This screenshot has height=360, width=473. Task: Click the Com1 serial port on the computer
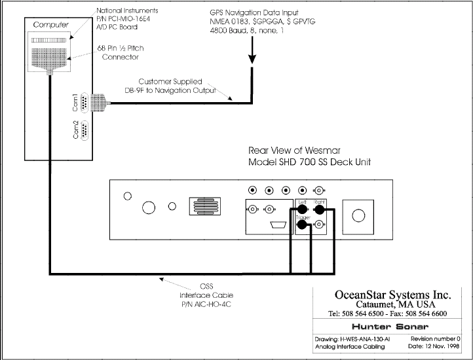click(85, 103)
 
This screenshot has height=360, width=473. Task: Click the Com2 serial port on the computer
click(85, 130)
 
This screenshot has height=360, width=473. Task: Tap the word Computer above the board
click(50, 25)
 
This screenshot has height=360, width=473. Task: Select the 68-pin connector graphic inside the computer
click(49, 60)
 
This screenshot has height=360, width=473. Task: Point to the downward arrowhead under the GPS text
click(252, 59)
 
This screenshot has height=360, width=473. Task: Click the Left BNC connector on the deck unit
click(302, 209)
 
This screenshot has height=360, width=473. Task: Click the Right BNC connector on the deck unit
click(319, 209)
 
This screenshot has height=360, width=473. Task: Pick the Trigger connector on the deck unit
click(302, 225)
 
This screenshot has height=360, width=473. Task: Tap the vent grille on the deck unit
click(205, 206)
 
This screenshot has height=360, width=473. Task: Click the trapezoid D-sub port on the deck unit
click(278, 225)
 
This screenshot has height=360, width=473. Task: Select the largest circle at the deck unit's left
click(149, 207)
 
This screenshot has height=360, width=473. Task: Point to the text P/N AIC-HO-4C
click(206, 304)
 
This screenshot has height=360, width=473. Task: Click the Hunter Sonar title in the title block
click(390, 327)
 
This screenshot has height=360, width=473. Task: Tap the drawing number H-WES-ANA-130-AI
click(365, 339)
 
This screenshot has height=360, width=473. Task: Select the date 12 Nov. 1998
click(442, 346)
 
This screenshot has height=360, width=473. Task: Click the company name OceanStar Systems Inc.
click(393, 295)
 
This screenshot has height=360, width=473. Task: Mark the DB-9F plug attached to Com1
click(99, 103)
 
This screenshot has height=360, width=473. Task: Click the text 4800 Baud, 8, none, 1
click(247, 31)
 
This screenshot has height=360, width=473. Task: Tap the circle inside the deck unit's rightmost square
click(358, 215)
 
